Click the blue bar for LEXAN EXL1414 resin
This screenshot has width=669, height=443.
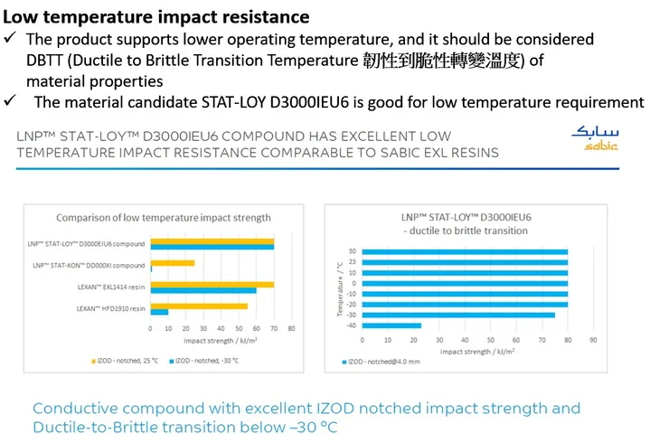point(203,290)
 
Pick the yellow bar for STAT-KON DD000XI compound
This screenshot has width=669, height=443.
point(172,263)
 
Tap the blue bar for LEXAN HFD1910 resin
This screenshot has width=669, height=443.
point(159,312)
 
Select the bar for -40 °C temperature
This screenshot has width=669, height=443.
point(391,325)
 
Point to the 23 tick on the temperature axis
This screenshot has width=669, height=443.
point(352,262)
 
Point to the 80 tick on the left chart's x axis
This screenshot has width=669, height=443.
point(291,328)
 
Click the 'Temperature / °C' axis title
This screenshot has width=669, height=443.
point(340,288)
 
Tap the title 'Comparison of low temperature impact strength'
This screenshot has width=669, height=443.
point(163,217)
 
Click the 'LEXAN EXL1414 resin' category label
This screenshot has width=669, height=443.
point(110,287)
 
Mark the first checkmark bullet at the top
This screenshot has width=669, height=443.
point(10,39)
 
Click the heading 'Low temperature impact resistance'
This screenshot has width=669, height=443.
point(157,16)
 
